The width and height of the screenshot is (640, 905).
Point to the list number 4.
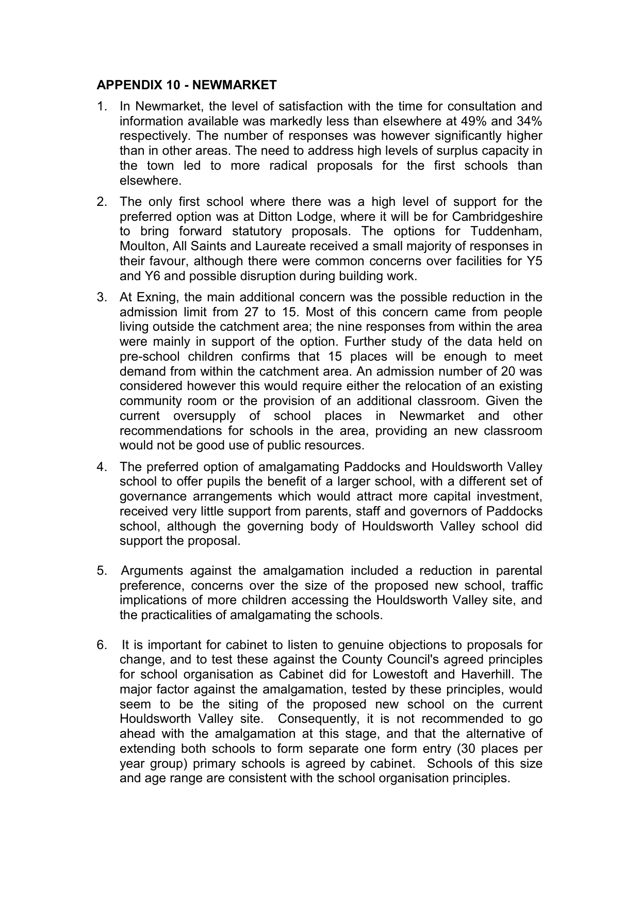pyautogui.click(x=102, y=467)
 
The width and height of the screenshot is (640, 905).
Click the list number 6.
pyautogui.click(x=102, y=645)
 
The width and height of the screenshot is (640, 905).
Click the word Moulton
pyautogui.click(x=141, y=246)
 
